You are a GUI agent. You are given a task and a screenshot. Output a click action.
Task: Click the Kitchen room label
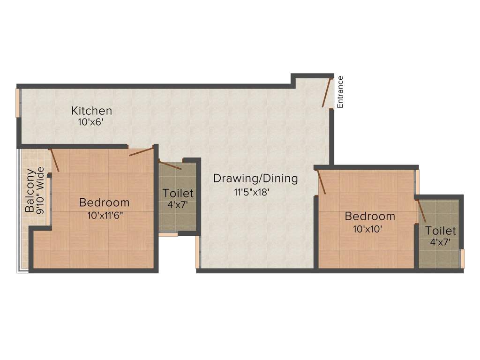click(x=91, y=111)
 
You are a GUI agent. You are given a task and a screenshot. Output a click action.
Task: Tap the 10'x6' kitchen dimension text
click(x=90, y=122)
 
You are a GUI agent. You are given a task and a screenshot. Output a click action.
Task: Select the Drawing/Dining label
click(x=255, y=179)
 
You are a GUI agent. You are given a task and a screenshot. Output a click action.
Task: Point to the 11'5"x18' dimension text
click(x=252, y=192)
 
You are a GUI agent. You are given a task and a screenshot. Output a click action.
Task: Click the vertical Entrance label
click(x=341, y=92)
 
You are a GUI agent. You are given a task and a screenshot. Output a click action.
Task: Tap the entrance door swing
click(x=327, y=92)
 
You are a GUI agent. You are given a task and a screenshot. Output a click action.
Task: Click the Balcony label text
click(x=30, y=190)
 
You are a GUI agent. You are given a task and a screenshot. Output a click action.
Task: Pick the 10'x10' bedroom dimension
click(x=368, y=229)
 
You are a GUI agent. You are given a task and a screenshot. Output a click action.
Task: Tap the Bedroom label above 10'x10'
click(x=370, y=217)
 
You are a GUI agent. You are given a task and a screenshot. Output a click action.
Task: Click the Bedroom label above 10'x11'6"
click(x=104, y=203)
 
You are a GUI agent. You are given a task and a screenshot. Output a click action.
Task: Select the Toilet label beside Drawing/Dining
click(x=178, y=193)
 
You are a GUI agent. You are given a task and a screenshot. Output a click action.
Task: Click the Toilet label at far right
click(x=441, y=231)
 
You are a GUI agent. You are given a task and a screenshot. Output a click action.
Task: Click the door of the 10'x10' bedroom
click(x=322, y=182)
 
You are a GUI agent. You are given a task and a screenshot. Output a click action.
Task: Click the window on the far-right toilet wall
click(x=462, y=258)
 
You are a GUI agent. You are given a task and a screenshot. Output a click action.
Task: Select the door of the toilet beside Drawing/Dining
click(x=170, y=165)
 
